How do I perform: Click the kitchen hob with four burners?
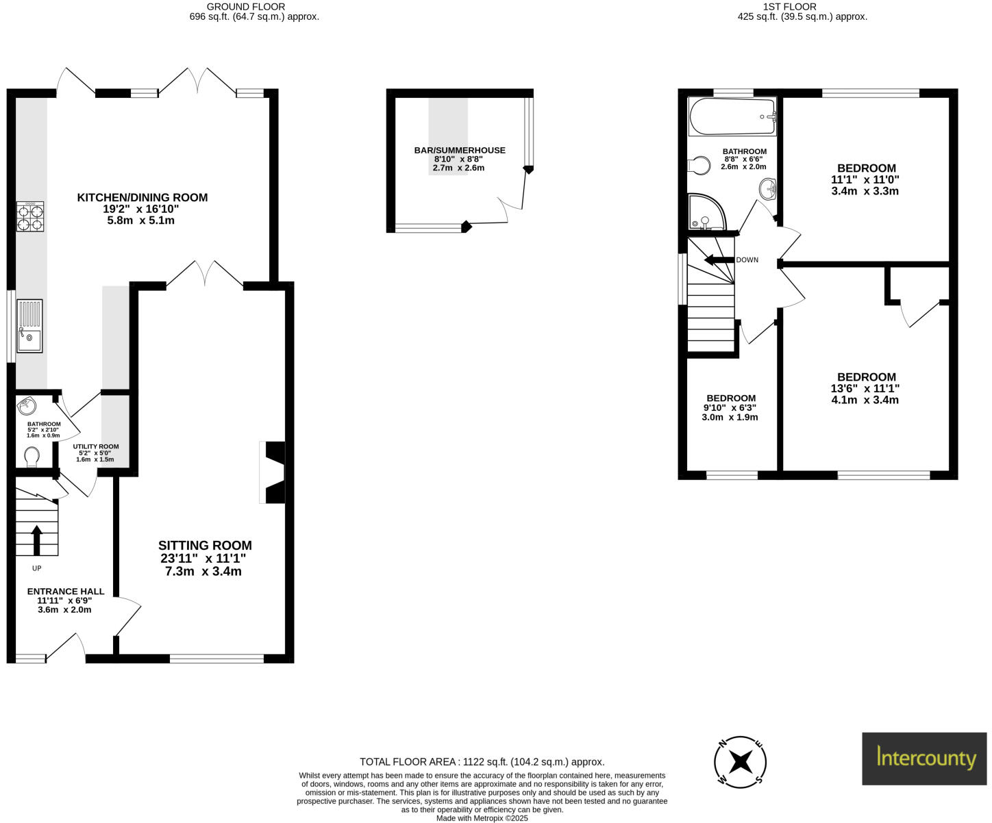click(x=30, y=216)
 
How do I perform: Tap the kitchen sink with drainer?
click(x=29, y=326)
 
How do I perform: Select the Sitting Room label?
click(x=205, y=546)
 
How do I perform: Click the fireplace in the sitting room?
click(x=273, y=472)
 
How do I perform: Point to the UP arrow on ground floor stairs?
click(x=36, y=540)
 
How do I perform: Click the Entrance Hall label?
click(x=66, y=592)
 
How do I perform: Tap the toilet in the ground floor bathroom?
click(x=32, y=455)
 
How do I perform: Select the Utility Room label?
click(x=96, y=446)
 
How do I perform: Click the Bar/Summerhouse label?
click(x=460, y=150)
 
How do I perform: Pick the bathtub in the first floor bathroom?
click(x=732, y=116)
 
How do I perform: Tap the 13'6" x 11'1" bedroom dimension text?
click(x=865, y=388)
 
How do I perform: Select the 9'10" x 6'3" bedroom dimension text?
click(x=730, y=408)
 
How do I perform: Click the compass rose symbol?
click(x=740, y=761)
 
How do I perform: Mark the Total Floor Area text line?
click(x=482, y=761)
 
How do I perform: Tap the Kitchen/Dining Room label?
click(x=142, y=197)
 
